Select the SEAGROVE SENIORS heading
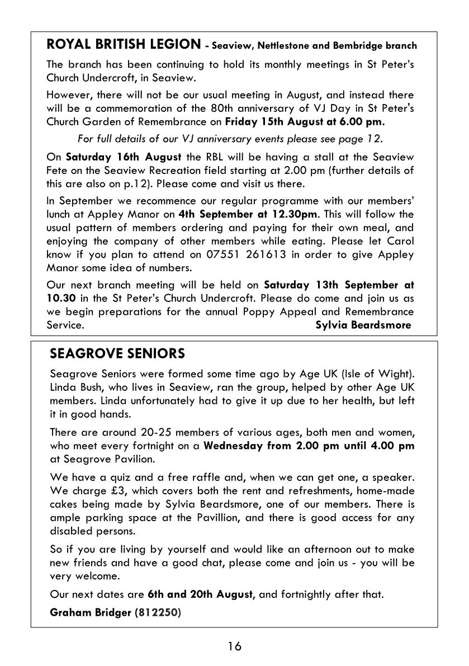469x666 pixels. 117,353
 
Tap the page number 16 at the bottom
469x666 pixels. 234,647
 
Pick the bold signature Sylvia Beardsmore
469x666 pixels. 363,325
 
